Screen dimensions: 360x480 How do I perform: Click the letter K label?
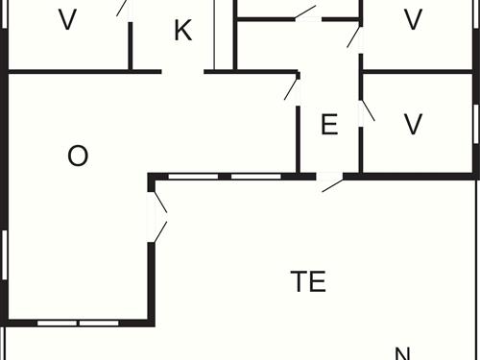(x=182, y=31)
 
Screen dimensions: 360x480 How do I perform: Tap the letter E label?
(x=329, y=125)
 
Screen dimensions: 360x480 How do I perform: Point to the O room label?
(x=78, y=156)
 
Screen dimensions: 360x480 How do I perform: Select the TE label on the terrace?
(x=308, y=281)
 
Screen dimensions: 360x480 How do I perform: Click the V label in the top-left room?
(x=67, y=20)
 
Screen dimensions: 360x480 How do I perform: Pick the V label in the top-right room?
(x=413, y=20)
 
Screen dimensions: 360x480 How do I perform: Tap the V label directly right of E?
(x=413, y=125)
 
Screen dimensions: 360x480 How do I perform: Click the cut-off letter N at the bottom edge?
(x=403, y=353)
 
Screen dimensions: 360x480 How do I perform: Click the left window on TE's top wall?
(x=193, y=177)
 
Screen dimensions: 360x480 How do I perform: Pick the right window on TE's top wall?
(x=256, y=177)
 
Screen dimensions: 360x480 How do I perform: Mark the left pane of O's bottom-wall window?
(x=58, y=324)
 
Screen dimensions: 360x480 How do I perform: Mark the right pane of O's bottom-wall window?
(x=99, y=324)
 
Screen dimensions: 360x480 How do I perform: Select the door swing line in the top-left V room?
(x=122, y=8)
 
